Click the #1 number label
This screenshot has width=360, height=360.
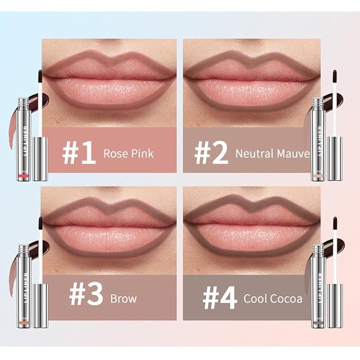tap(78, 153)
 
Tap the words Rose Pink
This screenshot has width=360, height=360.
tap(129, 154)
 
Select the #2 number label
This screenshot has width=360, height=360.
tap(210, 153)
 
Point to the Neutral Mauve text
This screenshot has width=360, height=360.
tap(273, 154)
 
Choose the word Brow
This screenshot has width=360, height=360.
tap(124, 298)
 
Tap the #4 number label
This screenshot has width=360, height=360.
tap(219, 298)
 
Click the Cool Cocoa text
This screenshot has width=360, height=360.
tap(273, 298)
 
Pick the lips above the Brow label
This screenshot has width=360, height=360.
tap(109, 228)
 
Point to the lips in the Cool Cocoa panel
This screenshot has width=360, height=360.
tap(252, 228)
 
